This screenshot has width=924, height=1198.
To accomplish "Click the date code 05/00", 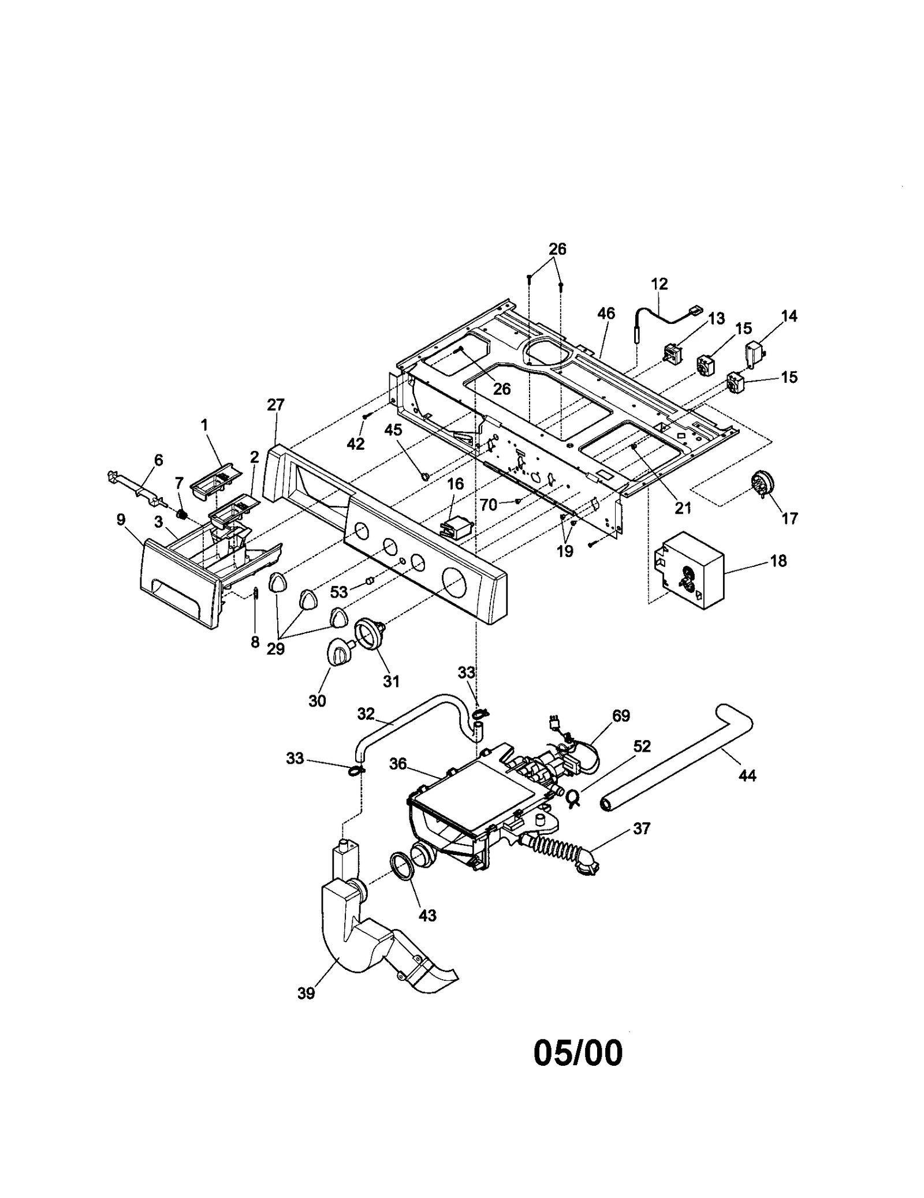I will pyautogui.click(x=577, y=1053).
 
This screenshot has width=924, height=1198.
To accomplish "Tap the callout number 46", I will pyautogui.click(x=606, y=314).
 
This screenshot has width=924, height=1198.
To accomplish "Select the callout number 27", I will pyautogui.click(x=275, y=405).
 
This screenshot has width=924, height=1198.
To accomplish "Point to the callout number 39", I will pyautogui.click(x=306, y=993).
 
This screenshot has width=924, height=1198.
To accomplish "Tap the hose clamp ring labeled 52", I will pyautogui.click(x=573, y=797).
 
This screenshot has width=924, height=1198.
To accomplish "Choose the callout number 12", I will pyautogui.click(x=659, y=283).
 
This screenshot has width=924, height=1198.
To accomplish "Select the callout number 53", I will pyautogui.click(x=339, y=592).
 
